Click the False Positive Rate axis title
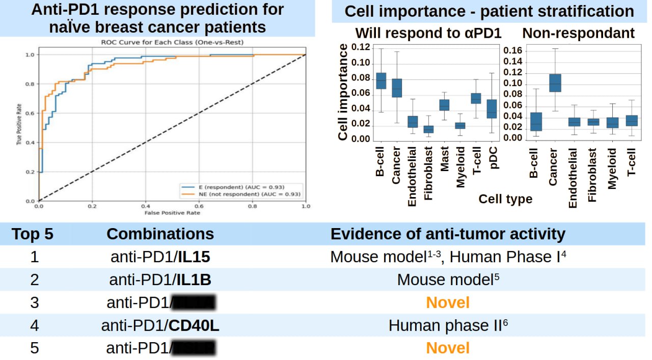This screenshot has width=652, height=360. pyautogui.click(x=172, y=212)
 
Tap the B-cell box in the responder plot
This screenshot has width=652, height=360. pyautogui.click(x=381, y=81)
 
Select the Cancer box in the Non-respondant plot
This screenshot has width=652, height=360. pyautogui.click(x=554, y=82)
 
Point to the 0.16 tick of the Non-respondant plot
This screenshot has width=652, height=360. pyautogui.click(x=512, y=51)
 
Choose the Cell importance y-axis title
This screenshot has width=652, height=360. pyautogui.click(x=343, y=92)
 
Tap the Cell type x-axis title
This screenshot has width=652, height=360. pyautogui.click(x=505, y=199)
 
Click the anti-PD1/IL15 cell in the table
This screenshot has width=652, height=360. pyautogui.click(x=160, y=257)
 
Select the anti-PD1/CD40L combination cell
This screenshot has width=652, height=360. pyautogui.click(x=160, y=325)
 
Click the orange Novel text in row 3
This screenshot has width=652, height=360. pyautogui.click(x=448, y=302)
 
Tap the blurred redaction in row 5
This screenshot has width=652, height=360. pyautogui.click(x=194, y=348)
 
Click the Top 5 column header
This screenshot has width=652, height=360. pyautogui.click(x=33, y=234)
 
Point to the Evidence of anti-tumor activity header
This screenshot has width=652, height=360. pyautogui.click(x=448, y=234)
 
